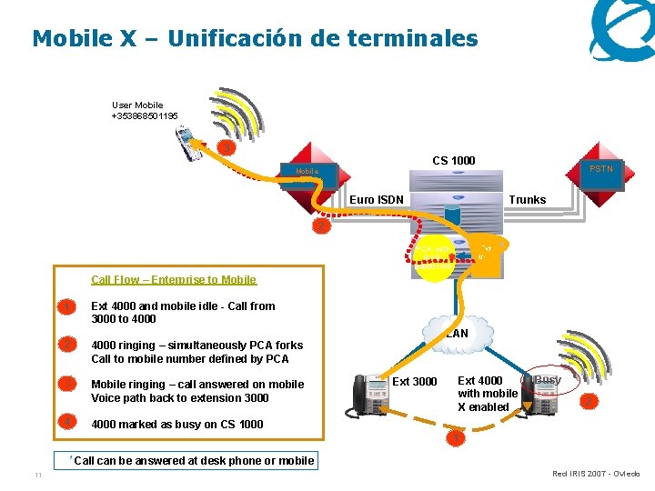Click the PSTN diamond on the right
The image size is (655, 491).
point(600,169)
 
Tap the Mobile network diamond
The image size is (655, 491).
point(307,171)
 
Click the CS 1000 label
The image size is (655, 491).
point(453,161)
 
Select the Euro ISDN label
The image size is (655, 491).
point(377,200)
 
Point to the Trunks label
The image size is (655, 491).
point(528,200)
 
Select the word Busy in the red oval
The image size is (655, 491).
point(548,379)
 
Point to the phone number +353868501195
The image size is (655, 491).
point(145,116)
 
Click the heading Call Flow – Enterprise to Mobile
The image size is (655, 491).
point(174,280)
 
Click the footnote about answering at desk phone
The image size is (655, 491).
point(193,461)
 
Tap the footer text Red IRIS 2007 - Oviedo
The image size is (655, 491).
point(596,474)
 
